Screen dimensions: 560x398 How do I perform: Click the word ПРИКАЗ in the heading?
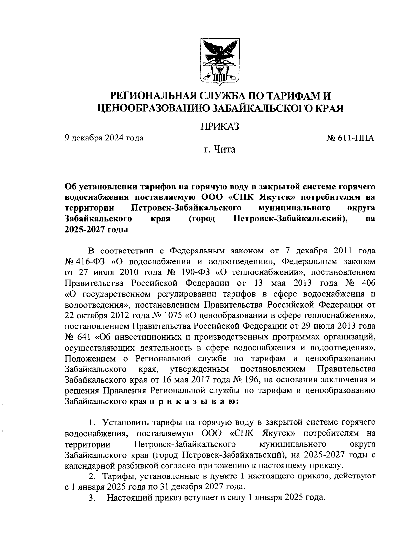[220, 126]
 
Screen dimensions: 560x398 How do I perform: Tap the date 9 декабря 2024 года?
[104, 138]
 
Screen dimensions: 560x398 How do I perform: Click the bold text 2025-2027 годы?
[96, 230]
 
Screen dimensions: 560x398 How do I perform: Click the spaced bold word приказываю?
[193, 401]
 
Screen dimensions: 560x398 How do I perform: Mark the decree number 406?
[368, 283]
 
